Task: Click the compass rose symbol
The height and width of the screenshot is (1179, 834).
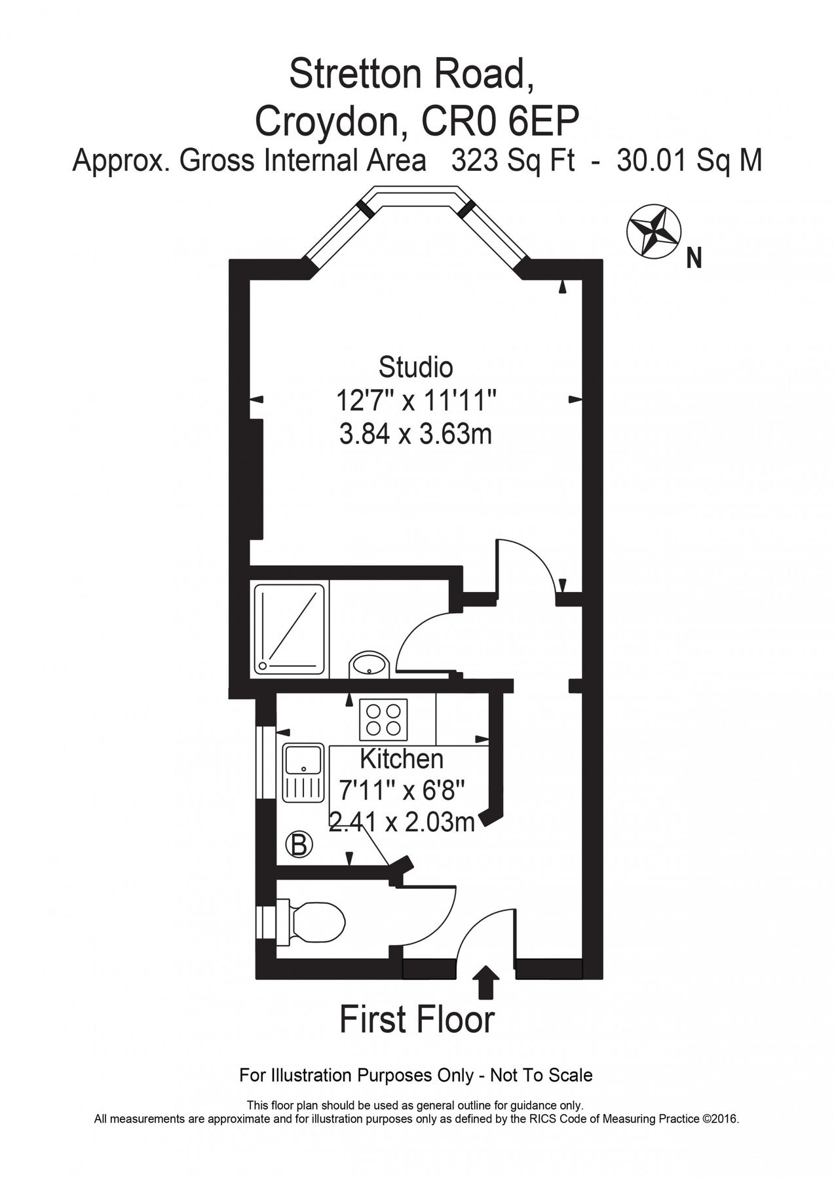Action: [x=653, y=231]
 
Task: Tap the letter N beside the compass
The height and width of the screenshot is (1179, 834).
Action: [x=694, y=259]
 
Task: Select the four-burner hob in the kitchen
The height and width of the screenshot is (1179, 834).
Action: [x=383, y=719]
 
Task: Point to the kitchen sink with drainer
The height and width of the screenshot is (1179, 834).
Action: [x=303, y=772]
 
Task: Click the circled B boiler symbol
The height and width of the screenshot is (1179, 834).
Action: [x=298, y=844]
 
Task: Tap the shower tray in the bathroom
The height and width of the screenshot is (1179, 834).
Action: [x=290, y=628]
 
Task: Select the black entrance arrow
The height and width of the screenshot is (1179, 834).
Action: [x=485, y=981]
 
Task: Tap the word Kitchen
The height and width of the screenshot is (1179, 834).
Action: [x=402, y=759]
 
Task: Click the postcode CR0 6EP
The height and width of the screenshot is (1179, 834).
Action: [x=501, y=121]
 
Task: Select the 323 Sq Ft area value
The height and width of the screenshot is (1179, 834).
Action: [x=513, y=160]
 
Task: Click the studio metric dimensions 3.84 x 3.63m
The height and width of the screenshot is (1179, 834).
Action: [x=415, y=433]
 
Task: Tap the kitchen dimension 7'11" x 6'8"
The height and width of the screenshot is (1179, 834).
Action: [x=402, y=790]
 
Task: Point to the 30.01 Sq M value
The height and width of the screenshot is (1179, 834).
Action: [x=689, y=160]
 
